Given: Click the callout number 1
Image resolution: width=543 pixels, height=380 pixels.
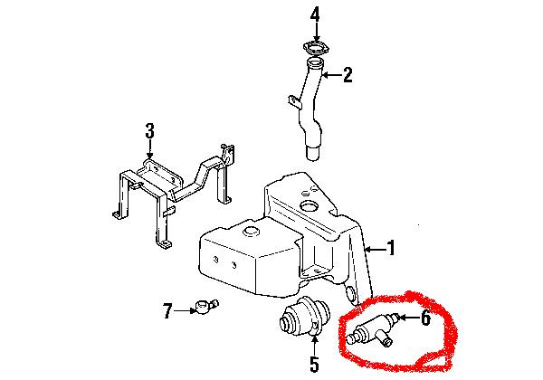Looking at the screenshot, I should (x=392, y=247).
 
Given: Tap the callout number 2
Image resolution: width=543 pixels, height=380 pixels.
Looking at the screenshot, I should (x=348, y=76).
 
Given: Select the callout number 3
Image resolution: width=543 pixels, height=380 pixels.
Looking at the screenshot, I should (x=149, y=133).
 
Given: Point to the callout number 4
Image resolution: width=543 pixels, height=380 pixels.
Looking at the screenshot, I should (x=315, y=14).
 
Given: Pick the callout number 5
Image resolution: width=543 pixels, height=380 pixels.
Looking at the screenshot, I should (x=314, y=365).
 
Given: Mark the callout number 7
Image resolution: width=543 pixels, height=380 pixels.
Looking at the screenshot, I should (x=167, y=312).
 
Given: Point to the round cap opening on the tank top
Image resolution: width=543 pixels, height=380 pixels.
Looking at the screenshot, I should (x=309, y=210).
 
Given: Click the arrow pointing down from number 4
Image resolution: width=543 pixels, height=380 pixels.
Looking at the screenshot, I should (x=315, y=32).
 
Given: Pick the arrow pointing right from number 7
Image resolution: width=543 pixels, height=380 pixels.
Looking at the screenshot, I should (x=184, y=312).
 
